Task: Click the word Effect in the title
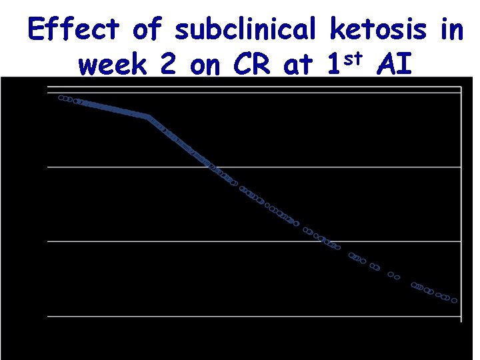pyautogui.click(x=73, y=29)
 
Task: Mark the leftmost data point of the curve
pyautogui.click(x=61, y=98)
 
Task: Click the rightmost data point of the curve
pyautogui.click(x=455, y=301)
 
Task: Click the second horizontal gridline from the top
pyautogui.click(x=267, y=167)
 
